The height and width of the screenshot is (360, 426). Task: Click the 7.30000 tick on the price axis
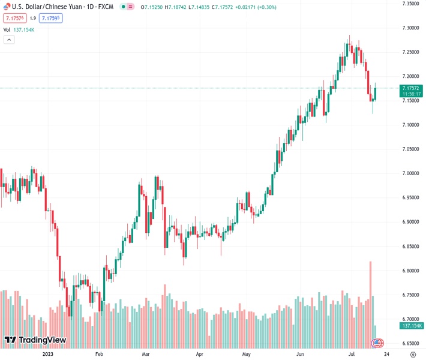click(x=410, y=28)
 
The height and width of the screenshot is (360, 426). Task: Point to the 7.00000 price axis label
click(x=410, y=173)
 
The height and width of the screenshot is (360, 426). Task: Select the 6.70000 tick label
click(x=410, y=319)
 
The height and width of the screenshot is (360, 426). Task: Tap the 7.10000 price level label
click(x=410, y=125)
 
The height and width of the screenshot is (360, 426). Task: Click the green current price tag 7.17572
click(x=411, y=88)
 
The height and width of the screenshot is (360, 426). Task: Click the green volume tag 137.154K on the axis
click(x=411, y=326)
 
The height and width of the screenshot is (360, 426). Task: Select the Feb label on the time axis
click(x=100, y=354)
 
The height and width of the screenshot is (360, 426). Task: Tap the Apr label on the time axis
click(x=200, y=354)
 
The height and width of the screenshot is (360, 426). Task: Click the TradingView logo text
click(x=42, y=340)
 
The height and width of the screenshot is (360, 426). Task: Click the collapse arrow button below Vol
click(x=9, y=40)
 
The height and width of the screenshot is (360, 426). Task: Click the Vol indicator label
click(x=7, y=29)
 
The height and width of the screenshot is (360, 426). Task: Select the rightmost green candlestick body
click(x=375, y=94)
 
